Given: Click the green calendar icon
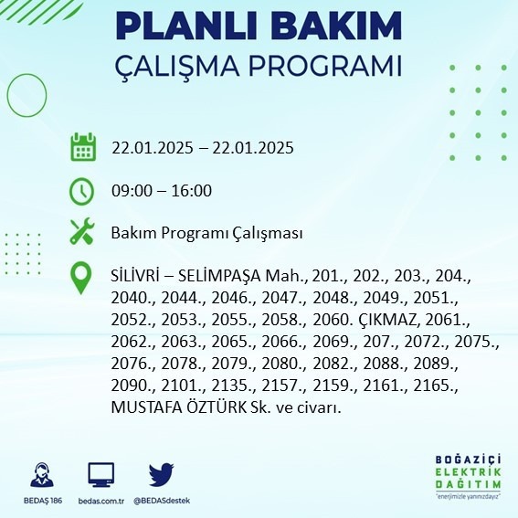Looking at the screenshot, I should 82,146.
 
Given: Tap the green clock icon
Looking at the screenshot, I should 82,190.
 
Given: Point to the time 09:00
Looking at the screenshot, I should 131,191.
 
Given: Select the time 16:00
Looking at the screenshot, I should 192,191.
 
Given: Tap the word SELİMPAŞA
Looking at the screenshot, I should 220,276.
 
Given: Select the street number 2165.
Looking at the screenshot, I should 438,386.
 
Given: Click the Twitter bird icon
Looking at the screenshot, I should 162,475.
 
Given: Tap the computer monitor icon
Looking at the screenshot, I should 100,475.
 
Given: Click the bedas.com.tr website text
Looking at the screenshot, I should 100,502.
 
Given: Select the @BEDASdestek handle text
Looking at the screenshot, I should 162,502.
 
